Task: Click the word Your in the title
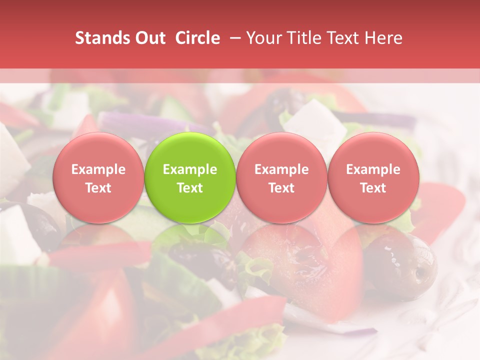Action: click(x=263, y=38)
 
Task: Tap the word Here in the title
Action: click(x=384, y=38)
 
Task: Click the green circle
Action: click(x=190, y=177)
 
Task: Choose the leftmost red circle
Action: click(x=98, y=177)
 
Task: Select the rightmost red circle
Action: click(x=373, y=177)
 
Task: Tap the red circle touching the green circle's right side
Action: click(x=281, y=177)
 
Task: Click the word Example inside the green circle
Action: click(x=190, y=169)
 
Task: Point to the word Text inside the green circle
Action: click(x=190, y=188)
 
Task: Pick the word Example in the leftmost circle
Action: click(x=98, y=169)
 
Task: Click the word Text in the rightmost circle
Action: click(x=373, y=188)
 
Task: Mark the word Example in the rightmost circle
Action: click(x=373, y=169)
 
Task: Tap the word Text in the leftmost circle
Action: click(x=98, y=188)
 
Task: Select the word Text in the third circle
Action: click(x=281, y=188)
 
